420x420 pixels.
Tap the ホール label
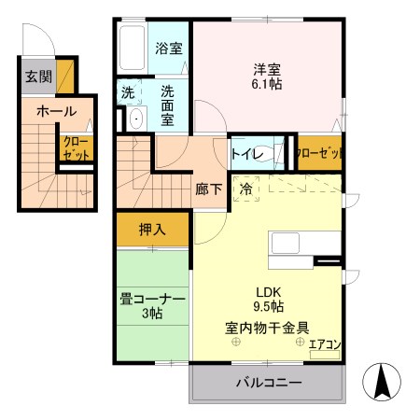click(x=56, y=111)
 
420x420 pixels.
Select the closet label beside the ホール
click(x=75, y=148)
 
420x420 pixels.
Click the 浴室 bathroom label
click(x=168, y=48)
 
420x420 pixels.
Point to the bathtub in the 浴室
click(x=133, y=47)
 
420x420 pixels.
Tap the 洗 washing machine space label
click(x=128, y=92)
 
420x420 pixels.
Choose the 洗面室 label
click(x=168, y=99)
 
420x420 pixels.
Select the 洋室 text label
click(x=268, y=68)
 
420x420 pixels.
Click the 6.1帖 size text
click(x=268, y=85)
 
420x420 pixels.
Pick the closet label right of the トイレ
click(x=318, y=154)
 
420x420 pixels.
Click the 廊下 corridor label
click(x=208, y=189)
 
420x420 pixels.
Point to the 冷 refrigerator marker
click(x=245, y=188)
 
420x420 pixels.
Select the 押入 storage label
click(x=152, y=229)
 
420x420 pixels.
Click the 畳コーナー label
click(x=152, y=299)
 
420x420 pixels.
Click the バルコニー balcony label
click(x=268, y=383)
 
